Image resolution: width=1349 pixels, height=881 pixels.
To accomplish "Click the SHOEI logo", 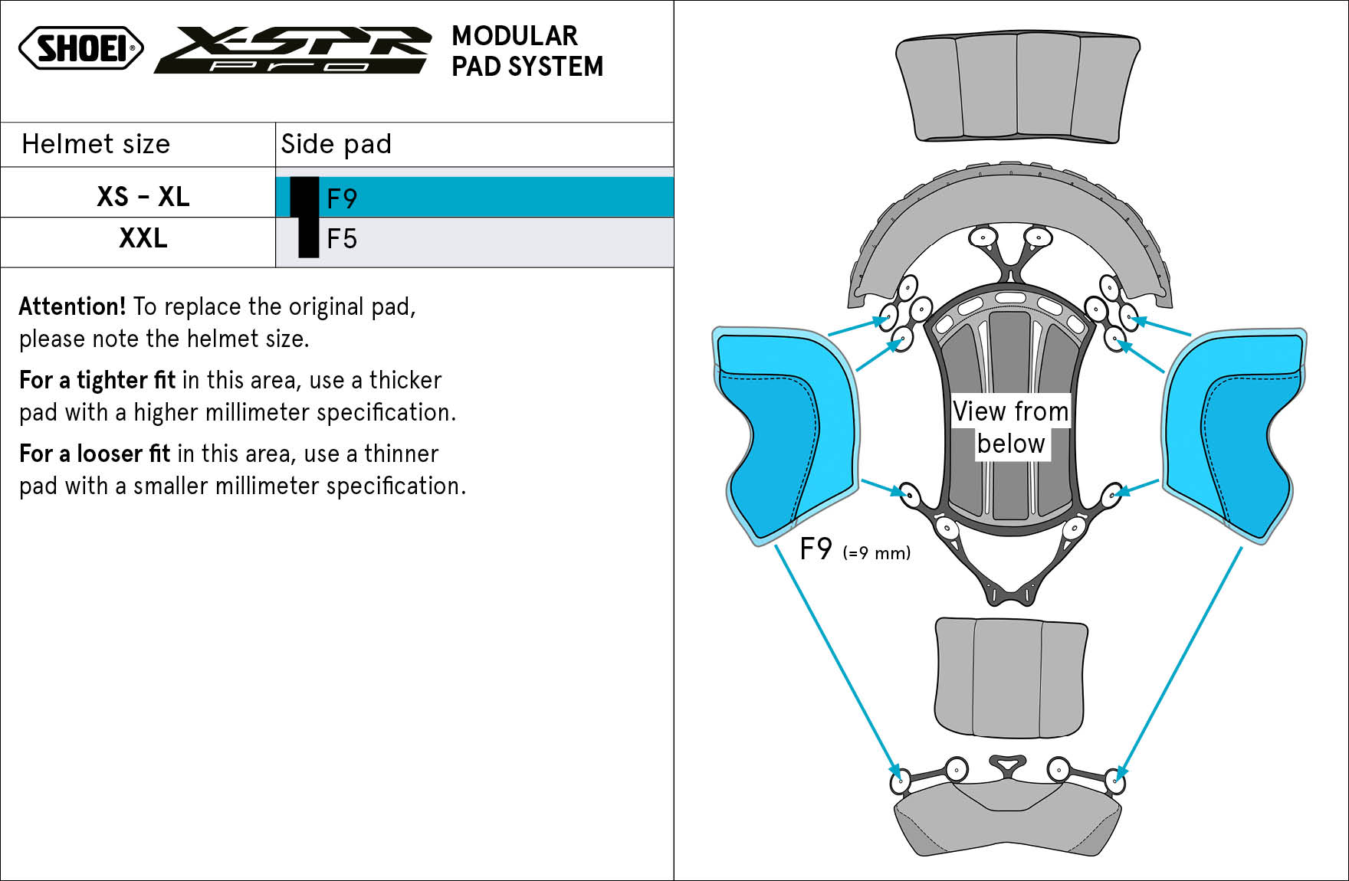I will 81,48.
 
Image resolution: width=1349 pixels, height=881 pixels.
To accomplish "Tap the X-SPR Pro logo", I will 292,51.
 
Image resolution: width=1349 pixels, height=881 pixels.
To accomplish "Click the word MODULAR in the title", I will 514,36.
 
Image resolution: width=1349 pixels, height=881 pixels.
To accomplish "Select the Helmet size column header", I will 96,144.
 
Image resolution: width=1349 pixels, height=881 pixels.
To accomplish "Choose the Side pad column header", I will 336,144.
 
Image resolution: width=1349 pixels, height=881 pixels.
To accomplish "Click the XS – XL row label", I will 143,197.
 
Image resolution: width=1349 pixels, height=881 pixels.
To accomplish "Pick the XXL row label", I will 143,238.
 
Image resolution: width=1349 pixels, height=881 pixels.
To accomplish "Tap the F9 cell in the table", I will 342,198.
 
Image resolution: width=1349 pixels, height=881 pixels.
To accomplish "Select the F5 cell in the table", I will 342,239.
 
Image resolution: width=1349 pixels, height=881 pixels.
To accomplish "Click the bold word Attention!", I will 72,306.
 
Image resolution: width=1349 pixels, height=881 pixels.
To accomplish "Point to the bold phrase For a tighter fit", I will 97,380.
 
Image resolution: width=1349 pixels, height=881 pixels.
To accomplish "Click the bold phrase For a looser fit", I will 94,454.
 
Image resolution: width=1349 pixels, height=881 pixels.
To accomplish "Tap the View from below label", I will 1010,427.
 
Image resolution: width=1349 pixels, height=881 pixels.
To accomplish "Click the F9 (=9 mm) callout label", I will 854,550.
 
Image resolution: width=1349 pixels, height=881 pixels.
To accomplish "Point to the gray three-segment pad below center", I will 1010,678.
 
